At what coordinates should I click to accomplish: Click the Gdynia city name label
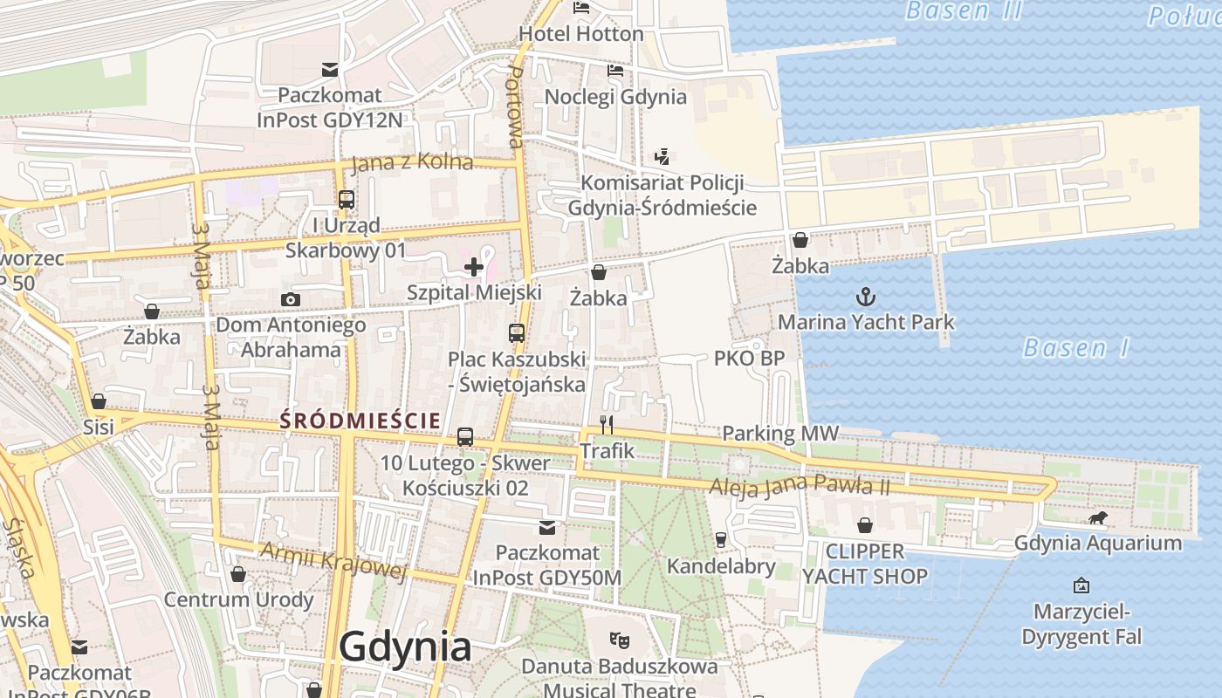pyautogui.click(x=405, y=647)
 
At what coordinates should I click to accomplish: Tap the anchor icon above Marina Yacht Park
pyautogui.click(x=865, y=297)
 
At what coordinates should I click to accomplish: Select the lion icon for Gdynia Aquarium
pyautogui.click(x=1098, y=518)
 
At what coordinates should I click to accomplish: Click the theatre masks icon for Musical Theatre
pyautogui.click(x=620, y=640)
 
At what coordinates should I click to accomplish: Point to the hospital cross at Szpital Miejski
pyautogui.click(x=474, y=266)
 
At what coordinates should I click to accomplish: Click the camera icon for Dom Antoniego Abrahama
pyautogui.click(x=291, y=299)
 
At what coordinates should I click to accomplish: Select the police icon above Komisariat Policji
pyautogui.click(x=662, y=157)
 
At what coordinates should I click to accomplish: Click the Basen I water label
pyautogui.click(x=1075, y=349)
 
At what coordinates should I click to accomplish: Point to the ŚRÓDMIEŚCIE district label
pyautogui.click(x=360, y=421)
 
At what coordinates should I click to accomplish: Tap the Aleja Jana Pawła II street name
pyautogui.click(x=800, y=485)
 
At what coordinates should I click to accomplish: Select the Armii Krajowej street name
pyautogui.click(x=334, y=559)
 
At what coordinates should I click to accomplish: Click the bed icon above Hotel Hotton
pyautogui.click(x=581, y=8)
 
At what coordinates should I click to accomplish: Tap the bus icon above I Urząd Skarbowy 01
pyautogui.click(x=347, y=199)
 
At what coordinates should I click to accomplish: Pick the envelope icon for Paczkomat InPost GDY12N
pyautogui.click(x=330, y=69)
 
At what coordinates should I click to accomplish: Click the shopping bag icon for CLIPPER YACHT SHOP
pyautogui.click(x=864, y=525)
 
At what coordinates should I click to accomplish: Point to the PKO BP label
pyautogui.click(x=749, y=358)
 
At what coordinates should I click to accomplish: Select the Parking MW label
pyautogui.click(x=780, y=433)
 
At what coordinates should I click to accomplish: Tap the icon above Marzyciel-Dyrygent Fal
pyautogui.click(x=1081, y=585)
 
